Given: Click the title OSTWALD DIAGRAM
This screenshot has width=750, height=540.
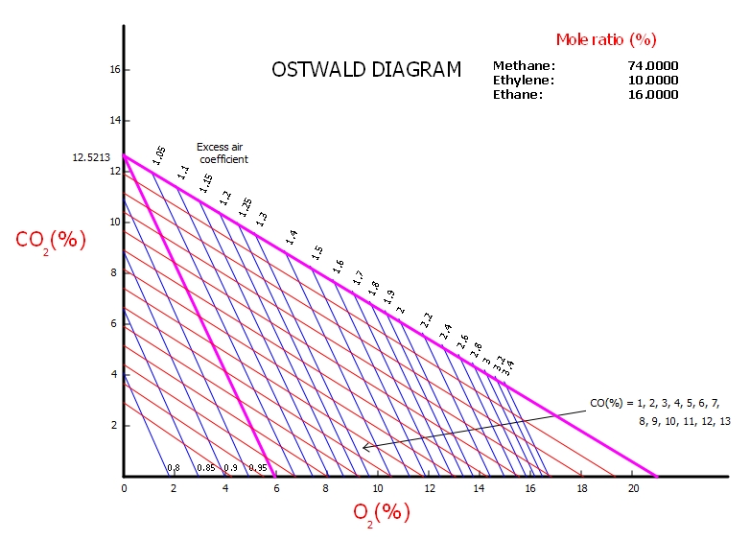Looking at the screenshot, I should click(365, 70).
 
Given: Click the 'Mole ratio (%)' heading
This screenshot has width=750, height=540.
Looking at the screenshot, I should click(605, 39).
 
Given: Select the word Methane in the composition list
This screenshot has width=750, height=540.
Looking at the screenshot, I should click(524, 66).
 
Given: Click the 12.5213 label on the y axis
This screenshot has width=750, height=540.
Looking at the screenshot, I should click(92, 156).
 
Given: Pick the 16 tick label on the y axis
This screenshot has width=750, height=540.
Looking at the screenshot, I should click(113, 70).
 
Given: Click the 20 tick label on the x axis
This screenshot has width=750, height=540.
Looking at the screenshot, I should click(633, 488).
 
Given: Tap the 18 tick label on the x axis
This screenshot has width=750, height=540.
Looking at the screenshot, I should click(582, 488).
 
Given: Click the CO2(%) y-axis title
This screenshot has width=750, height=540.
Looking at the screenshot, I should click(51, 240).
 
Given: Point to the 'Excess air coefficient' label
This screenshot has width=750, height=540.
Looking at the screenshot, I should click(222, 153).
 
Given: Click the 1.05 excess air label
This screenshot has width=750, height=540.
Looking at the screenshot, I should click(159, 155).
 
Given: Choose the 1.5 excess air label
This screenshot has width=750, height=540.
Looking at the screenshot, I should click(317, 253).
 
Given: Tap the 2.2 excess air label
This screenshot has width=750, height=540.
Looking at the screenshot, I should click(427, 320).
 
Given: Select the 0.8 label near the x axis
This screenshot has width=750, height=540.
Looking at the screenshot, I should click(174, 468).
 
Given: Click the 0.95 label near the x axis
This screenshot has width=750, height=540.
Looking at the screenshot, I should click(257, 468).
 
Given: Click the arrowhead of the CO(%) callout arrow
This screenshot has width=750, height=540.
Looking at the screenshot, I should click(365, 447).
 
